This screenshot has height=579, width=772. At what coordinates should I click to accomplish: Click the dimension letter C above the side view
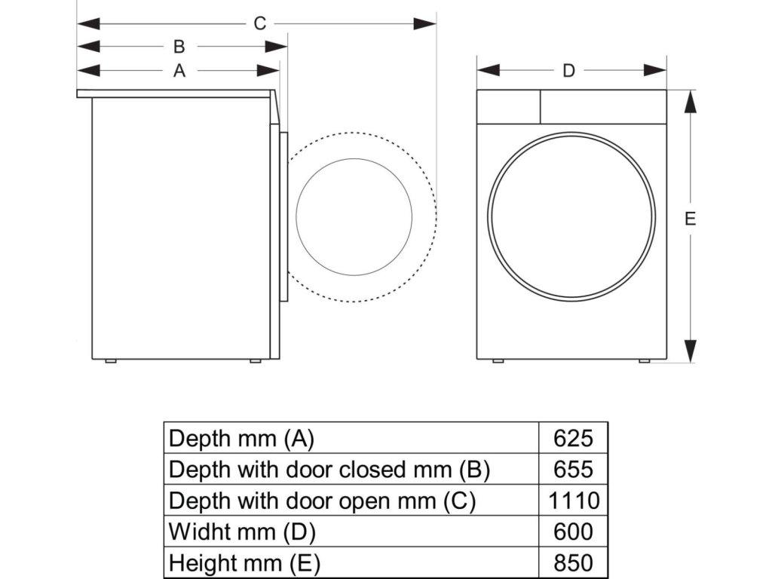click(259, 23)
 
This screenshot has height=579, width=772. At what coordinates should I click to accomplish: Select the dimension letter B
click(179, 47)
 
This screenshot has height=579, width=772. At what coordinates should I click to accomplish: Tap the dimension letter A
click(179, 71)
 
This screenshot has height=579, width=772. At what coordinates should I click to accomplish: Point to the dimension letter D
click(569, 71)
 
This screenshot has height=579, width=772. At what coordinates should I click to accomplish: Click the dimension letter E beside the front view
click(690, 219)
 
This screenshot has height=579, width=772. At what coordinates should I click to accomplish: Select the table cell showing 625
click(573, 438)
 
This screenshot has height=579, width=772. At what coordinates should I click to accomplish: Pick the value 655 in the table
click(573, 469)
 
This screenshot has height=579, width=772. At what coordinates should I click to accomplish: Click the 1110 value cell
click(573, 501)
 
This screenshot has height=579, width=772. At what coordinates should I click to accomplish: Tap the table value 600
click(573, 532)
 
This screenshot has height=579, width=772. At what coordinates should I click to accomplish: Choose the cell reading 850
click(573, 562)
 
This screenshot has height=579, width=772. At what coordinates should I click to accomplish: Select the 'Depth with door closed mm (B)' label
click(329, 469)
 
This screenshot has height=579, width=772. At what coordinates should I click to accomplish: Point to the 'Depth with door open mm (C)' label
click(322, 501)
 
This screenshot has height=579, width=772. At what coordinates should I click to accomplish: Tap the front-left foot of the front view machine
click(498, 361)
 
